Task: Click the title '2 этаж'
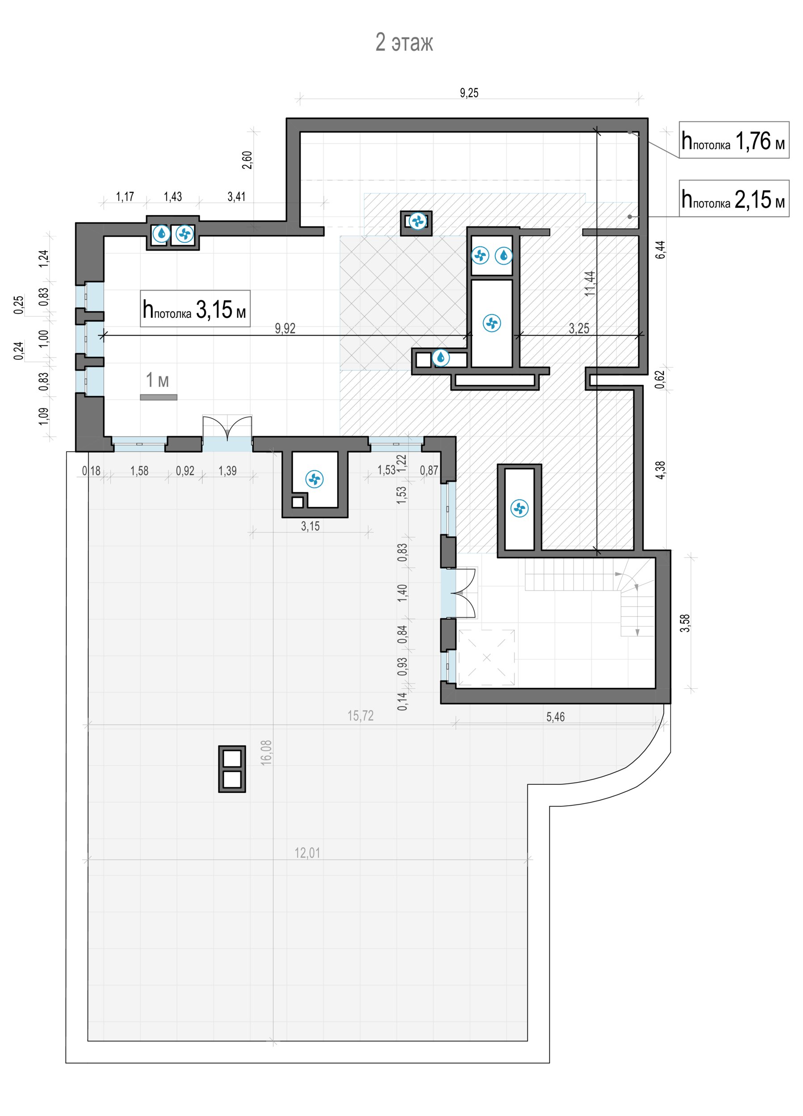click(x=404, y=43)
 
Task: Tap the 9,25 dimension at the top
click(x=468, y=92)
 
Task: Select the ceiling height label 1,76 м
click(x=734, y=140)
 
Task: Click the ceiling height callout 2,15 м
click(x=734, y=199)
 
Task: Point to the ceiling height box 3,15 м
click(x=195, y=308)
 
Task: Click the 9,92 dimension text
click(x=285, y=328)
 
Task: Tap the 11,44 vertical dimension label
click(x=590, y=283)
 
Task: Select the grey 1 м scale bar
click(x=159, y=397)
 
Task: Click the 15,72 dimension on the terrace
click(x=360, y=716)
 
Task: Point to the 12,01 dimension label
click(x=307, y=853)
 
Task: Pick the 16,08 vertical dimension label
click(x=266, y=752)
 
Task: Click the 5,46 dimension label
click(x=555, y=716)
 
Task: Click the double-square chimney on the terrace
click(x=232, y=769)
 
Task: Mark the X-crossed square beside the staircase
click(x=486, y=658)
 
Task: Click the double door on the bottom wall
click(x=227, y=434)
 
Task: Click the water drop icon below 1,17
click(x=161, y=234)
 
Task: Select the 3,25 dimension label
click(x=579, y=328)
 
